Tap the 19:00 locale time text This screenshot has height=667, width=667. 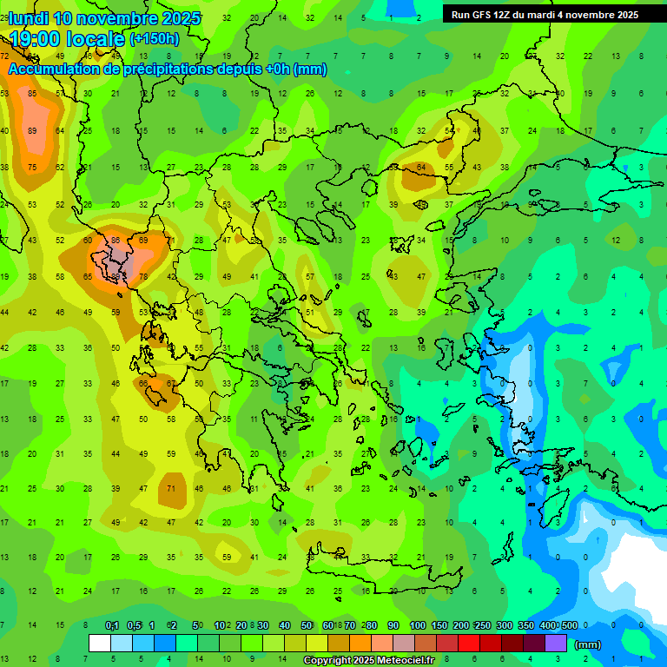coord(67,38)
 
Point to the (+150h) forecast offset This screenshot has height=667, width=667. coord(155,38)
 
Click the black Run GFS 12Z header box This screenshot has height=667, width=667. coord(545,14)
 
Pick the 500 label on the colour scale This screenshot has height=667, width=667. coord(569,626)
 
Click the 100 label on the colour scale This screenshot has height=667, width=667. coord(417,626)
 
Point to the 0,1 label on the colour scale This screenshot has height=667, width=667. coord(112,626)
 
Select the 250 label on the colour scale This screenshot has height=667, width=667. coord(482,626)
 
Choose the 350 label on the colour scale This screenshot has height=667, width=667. coord(525,626)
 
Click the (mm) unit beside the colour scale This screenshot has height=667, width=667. coord(588,645)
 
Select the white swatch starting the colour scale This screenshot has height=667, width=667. coord(100,644)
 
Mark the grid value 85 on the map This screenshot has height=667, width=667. coord(32,93)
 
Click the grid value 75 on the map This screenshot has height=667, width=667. coord(32,168)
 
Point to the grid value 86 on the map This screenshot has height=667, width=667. coord(116,240)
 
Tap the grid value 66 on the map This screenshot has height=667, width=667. coord(143,383)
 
